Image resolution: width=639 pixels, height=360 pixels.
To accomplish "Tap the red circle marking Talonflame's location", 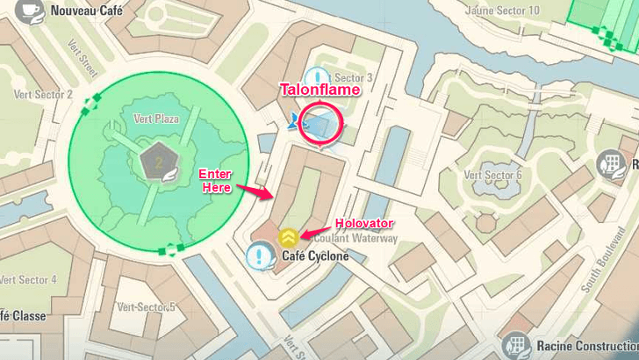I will click(319, 123).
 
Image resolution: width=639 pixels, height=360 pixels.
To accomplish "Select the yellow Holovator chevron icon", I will click(287, 235).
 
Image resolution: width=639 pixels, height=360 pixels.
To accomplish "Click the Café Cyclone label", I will click(315, 256).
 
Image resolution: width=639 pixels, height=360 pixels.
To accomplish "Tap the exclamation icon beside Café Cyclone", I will click(260, 256).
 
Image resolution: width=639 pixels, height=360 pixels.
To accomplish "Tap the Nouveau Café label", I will click(86, 12).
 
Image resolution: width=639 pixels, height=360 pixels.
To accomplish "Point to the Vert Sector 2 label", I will click(43, 95).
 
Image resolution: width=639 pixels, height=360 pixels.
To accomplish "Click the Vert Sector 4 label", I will click(29, 279).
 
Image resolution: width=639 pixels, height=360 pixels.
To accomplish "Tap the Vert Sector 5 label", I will click(145, 306).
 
